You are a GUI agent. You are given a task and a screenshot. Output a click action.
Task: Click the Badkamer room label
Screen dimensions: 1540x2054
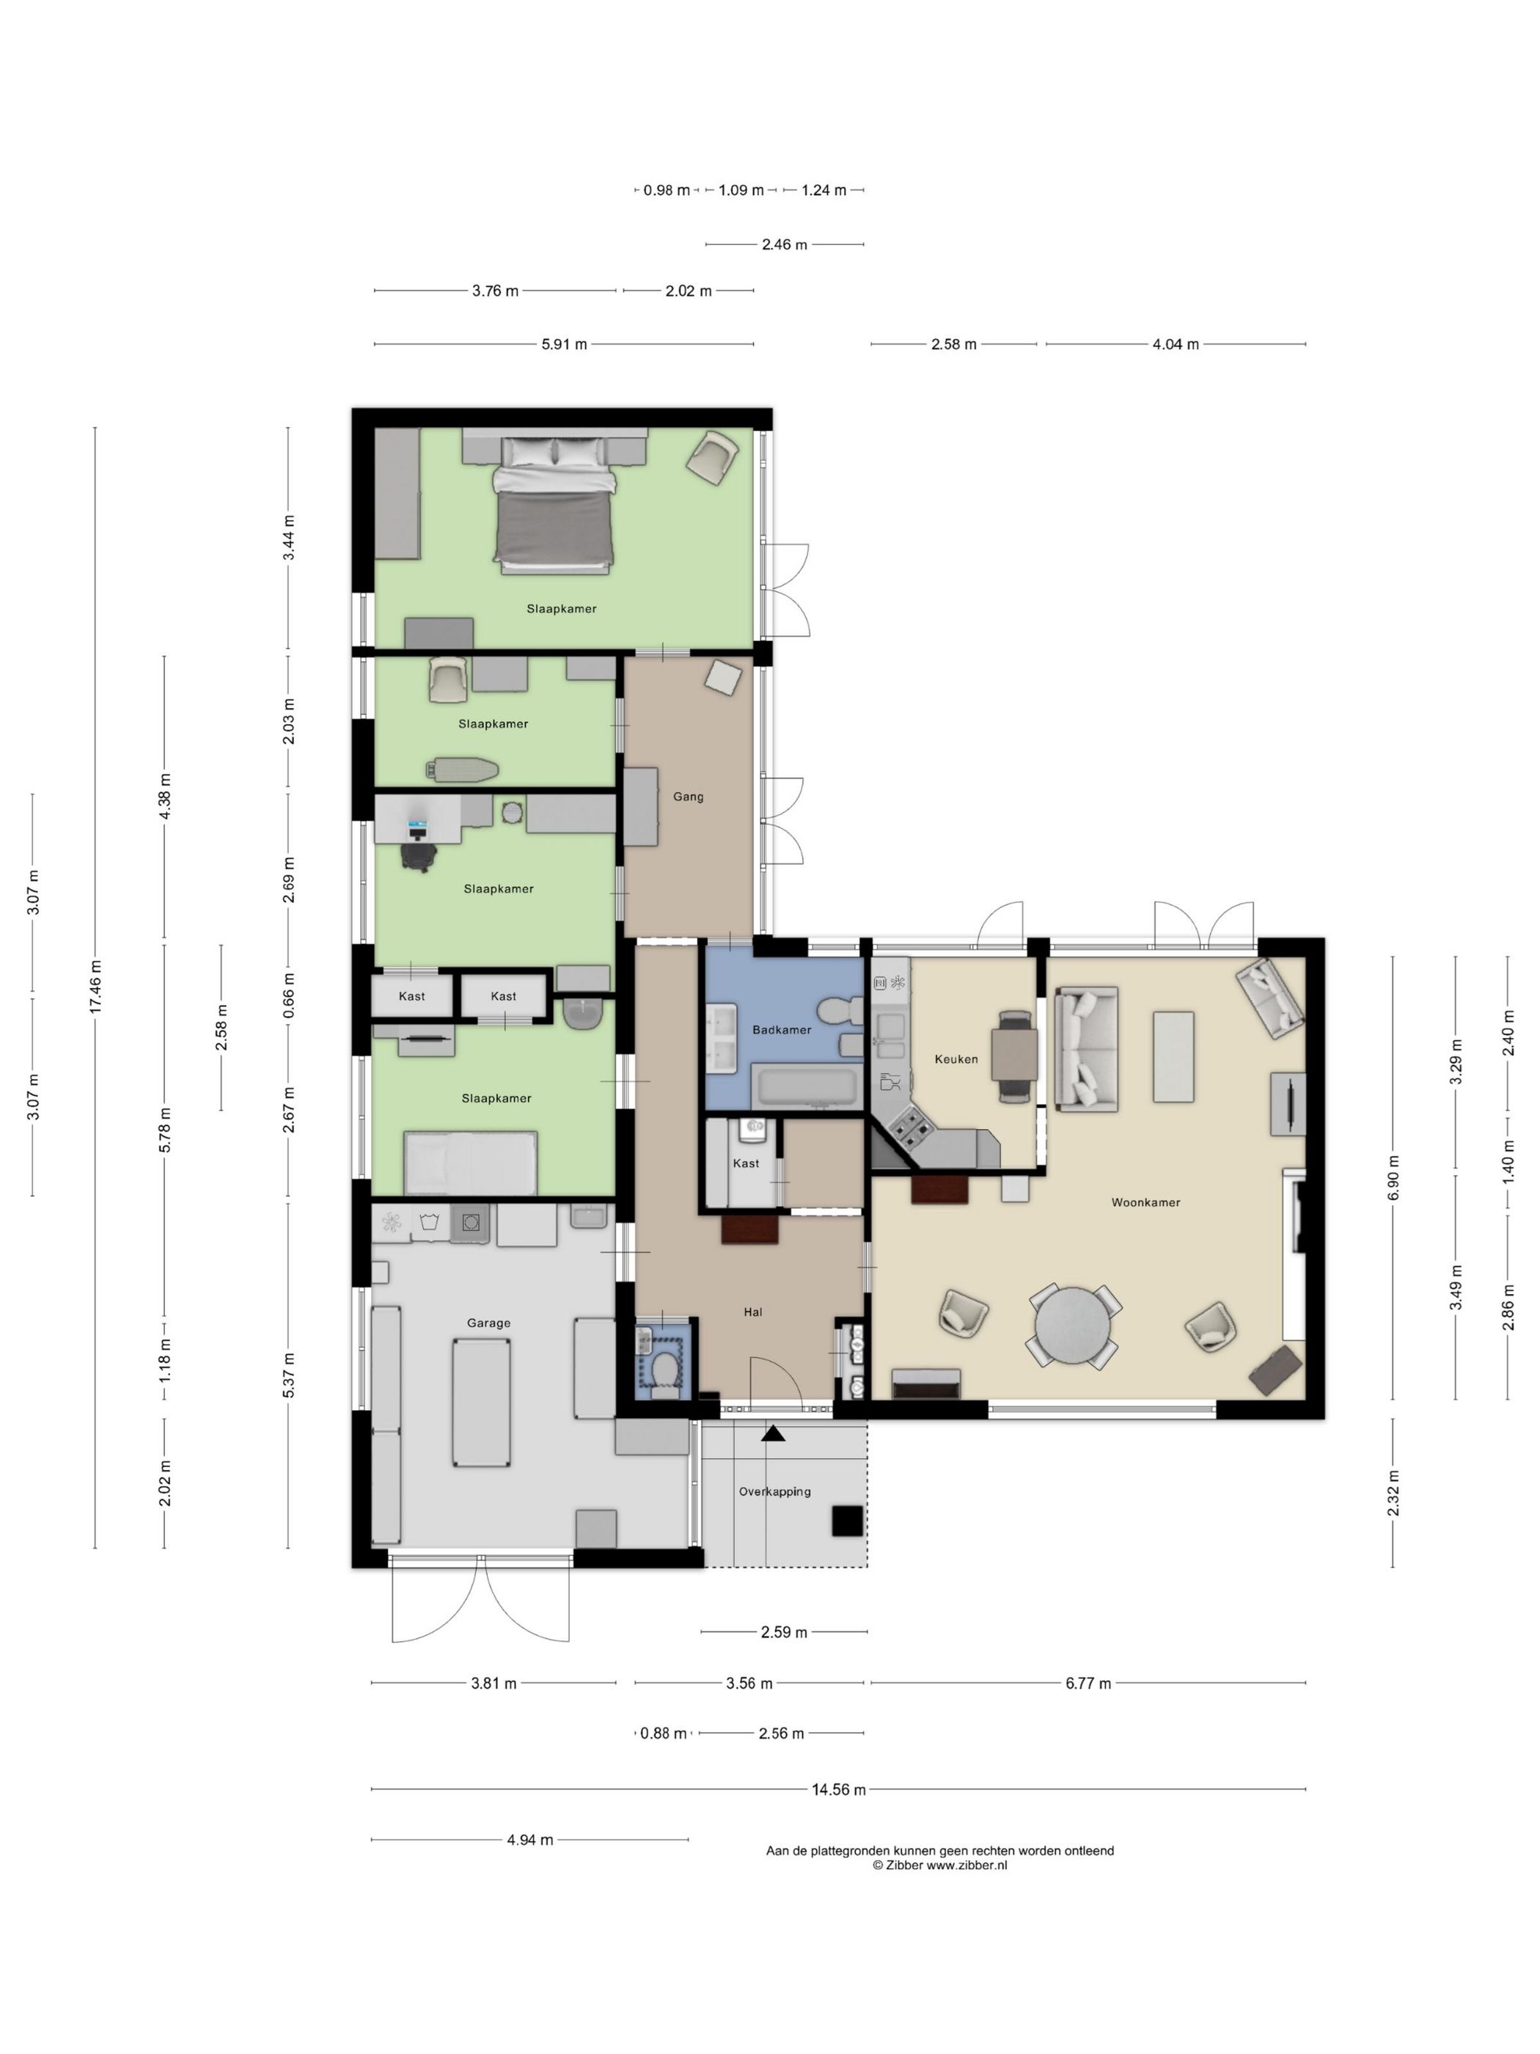[x=782, y=1030]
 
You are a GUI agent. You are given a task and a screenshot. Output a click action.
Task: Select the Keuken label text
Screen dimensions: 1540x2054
[x=956, y=1059]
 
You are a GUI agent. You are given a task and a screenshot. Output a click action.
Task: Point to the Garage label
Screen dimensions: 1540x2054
[x=488, y=1323]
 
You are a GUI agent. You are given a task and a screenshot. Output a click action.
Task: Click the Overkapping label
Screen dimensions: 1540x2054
[x=774, y=1491]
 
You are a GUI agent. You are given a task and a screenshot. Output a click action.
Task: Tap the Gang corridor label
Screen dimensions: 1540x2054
[x=688, y=797]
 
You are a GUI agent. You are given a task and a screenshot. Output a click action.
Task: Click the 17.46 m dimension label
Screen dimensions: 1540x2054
[x=95, y=988]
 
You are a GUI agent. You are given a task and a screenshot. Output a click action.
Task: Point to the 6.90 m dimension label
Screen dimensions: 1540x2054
[x=1393, y=1178]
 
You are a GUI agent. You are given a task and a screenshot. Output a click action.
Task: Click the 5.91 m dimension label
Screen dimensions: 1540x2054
[x=565, y=345]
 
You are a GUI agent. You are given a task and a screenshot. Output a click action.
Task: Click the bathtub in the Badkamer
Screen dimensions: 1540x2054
[x=807, y=1089]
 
